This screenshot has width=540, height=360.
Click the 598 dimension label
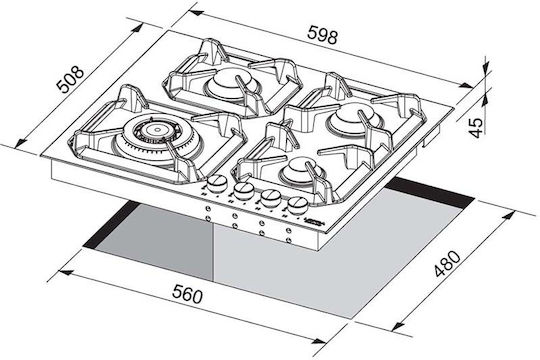[x=323, y=34]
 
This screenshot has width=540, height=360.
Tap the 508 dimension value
[x=70, y=79]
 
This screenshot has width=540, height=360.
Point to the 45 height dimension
[x=476, y=127]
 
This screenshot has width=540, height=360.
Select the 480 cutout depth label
[x=447, y=264]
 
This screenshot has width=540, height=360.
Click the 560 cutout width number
[x=187, y=295]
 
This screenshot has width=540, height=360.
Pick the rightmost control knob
[x=298, y=205]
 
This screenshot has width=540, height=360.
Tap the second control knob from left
[x=243, y=190]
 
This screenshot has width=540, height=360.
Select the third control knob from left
[x=270, y=197]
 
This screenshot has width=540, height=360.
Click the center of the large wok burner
[x=157, y=130]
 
